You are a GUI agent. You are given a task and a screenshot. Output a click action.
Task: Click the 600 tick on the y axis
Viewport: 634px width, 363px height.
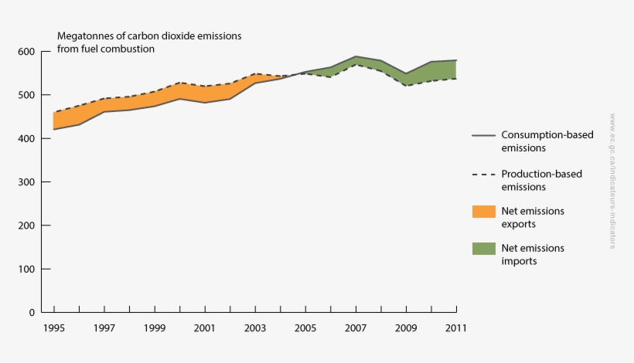[27, 52]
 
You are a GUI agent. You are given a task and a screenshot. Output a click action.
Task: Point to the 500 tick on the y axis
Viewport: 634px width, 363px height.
[27, 95]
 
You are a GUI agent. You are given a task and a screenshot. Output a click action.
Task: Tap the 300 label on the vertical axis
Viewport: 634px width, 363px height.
[27, 182]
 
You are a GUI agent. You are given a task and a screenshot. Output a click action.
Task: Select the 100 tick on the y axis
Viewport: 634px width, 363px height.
[27, 269]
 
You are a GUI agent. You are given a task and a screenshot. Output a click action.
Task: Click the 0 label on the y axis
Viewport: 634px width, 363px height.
[32, 313]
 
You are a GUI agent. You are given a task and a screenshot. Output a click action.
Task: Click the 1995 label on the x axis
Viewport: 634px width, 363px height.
[53, 328]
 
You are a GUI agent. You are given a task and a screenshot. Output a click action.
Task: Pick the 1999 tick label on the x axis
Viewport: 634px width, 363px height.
[154, 328]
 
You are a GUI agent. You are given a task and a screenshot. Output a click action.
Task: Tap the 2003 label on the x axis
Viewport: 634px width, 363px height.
[254, 328]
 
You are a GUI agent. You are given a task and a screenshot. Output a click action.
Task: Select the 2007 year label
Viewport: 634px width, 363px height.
[355, 328]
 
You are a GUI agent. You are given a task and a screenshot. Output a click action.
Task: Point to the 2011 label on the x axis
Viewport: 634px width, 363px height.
[455, 328]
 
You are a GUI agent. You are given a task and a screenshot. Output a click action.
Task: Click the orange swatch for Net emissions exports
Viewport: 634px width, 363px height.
[482, 211]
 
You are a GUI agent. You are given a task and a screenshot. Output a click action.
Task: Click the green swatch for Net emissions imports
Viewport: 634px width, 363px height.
[482, 249]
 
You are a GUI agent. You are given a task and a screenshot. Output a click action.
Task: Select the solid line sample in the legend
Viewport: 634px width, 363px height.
[482, 135]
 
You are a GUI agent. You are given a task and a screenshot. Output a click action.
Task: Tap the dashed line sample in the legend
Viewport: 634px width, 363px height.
[482, 174]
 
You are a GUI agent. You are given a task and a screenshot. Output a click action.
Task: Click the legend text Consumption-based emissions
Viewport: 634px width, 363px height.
[547, 141]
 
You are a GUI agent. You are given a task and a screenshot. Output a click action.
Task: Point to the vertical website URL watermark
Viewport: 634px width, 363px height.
[612, 181]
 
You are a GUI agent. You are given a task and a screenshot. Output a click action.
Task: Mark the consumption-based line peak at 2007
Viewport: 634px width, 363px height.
[355, 56]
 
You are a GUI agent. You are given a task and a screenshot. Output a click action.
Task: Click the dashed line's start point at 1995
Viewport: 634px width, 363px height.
[53, 112]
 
